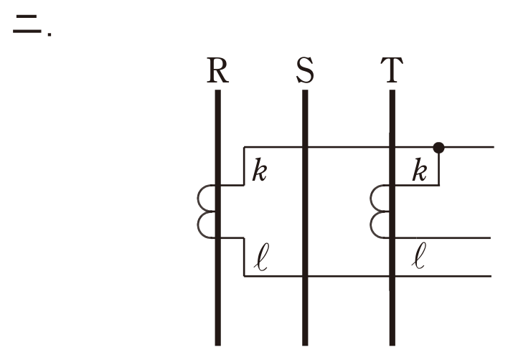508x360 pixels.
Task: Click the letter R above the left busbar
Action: tap(217, 70)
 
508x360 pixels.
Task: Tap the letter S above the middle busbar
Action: tap(305, 70)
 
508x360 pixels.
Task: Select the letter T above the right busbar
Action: tap(392, 70)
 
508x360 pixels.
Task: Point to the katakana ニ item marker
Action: tap(27, 24)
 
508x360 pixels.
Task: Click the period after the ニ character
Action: tap(50, 34)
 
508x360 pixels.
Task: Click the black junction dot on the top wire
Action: tap(438, 148)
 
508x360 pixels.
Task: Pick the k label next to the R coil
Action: tap(260, 169)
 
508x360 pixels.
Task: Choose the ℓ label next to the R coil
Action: tap(261, 257)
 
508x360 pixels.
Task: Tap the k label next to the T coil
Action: tap(420, 169)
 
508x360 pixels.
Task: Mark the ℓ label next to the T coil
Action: tap(419, 256)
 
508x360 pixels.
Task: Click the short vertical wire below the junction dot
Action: tap(439, 169)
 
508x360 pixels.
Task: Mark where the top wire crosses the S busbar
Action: tap(305, 147)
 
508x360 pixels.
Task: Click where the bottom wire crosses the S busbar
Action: tap(305, 276)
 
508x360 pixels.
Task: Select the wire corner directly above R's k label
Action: tap(244, 147)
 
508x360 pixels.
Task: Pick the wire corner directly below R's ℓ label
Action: tap(244, 276)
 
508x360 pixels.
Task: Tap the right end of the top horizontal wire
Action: tap(494, 147)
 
